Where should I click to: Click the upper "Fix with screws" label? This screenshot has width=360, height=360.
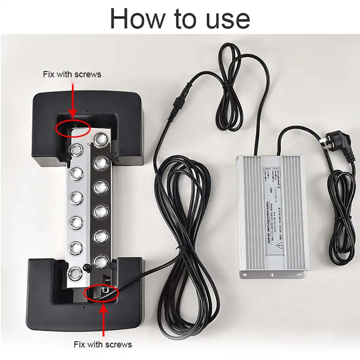pos(72,74)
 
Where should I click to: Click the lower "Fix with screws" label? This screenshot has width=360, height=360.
pos(103,344)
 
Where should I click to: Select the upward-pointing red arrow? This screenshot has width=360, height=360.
pos(104,318)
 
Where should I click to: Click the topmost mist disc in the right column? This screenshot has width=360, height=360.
pos(100,139)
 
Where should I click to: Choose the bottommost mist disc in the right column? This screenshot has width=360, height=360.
pos(99,262)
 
